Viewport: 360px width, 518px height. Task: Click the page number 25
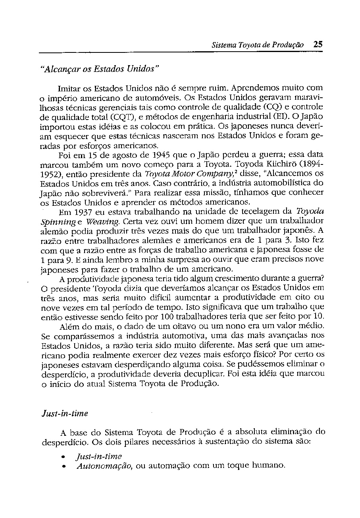pos(318,44)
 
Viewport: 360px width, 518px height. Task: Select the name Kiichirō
pos(282,164)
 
